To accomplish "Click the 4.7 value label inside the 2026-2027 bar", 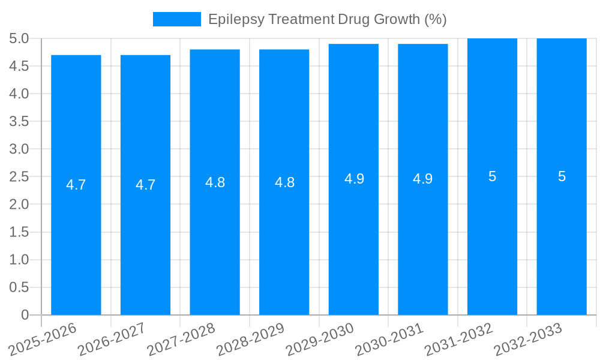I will tap(146, 185).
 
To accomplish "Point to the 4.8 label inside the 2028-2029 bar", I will tap(284, 182).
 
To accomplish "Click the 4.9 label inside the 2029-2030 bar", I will tap(354, 179).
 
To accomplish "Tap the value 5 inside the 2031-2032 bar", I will tap(493, 176).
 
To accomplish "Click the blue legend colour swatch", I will tap(177, 19).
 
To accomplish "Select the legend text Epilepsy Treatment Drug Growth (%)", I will tap(327, 19).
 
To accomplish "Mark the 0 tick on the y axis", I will tap(25, 315).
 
